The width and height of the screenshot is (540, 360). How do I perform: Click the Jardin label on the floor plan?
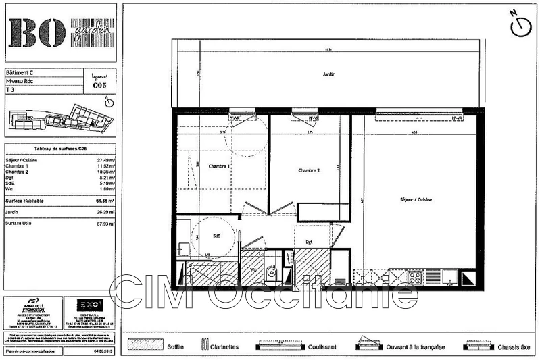coord(328,74)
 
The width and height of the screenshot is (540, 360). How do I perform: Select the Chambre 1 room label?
coord(219,165)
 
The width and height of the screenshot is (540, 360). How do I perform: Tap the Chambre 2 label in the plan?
coord(308,170)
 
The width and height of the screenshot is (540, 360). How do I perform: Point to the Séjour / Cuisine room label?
coord(415,199)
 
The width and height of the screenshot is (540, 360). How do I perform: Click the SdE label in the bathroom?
coord(217,236)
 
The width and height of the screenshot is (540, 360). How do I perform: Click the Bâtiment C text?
coord(21,72)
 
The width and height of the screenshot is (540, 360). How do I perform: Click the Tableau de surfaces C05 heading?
coord(59,148)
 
